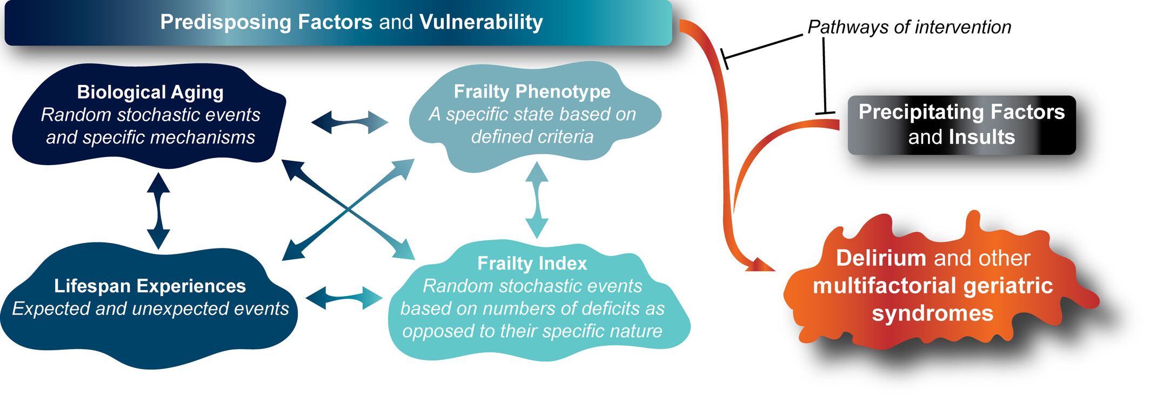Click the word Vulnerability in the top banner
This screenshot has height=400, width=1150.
(x=481, y=22)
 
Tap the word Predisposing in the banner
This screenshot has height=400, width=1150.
(x=225, y=23)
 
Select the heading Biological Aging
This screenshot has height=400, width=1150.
(x=150, y=92)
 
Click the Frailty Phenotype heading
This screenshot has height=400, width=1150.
(x=532, y=91)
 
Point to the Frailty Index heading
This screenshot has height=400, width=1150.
(x=532, y=263)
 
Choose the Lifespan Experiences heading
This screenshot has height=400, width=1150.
(x=150, y=286)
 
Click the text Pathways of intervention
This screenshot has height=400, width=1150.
(x=910, y=27)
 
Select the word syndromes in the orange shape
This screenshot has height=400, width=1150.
(x=933, y=313)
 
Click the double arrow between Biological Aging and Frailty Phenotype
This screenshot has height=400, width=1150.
(x=350, y=122)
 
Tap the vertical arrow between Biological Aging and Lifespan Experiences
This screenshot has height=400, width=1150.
(x=158, y=211)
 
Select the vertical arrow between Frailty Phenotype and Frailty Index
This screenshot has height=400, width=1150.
(x=537, y=200)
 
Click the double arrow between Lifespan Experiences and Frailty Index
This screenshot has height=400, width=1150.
(x=344, y=298)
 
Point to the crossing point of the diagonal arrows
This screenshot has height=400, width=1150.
(x=349, y=208)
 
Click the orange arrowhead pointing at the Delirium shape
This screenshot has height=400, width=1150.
(x=760, y=264)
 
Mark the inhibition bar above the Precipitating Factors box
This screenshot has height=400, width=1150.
(x=825, y=113)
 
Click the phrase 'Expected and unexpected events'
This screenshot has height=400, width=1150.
(x=150, y=309)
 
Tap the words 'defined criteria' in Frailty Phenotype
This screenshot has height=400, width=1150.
(x=532, y=136)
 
